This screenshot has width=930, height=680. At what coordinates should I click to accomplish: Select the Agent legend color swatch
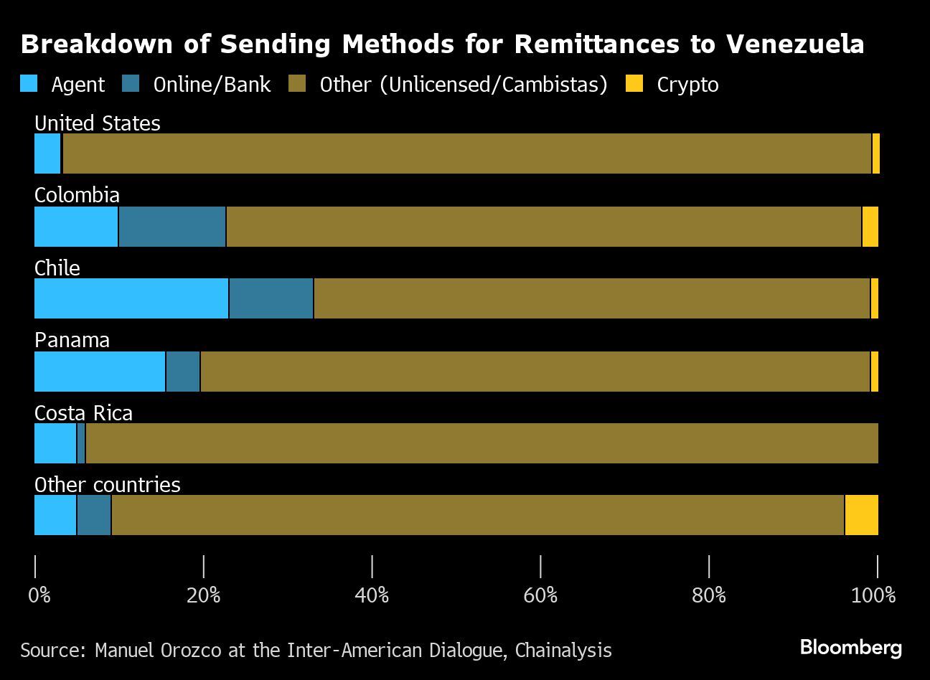pos(29,85)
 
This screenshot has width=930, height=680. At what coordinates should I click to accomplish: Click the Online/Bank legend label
pos(212,85)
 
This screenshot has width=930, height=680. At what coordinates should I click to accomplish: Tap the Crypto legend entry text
pos(687,85)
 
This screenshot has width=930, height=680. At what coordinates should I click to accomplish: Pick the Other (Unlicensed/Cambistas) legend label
pos(464,85)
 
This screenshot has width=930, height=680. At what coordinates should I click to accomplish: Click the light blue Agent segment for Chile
pos(131,298)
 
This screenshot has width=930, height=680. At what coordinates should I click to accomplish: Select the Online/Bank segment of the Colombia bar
pos(172,227)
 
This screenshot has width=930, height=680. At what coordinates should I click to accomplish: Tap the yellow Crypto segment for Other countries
pos(861,515)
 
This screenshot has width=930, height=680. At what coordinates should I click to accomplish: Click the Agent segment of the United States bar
pos(47,154)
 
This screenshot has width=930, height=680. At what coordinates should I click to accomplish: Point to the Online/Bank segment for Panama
pos(183,372)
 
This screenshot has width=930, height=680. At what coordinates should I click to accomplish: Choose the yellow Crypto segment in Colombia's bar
pos(870,227)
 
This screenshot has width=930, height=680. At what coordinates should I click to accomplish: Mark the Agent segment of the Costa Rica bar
pos(55,443)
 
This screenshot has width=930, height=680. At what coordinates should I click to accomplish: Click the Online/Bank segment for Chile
pos(271,298)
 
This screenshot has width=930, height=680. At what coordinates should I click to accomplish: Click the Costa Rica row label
pos(83,413)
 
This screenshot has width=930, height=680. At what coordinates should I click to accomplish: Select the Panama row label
pos(72,340)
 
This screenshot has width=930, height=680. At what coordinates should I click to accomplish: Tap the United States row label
pos(98,123)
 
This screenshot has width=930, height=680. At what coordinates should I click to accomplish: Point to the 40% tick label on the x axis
pos(372,595)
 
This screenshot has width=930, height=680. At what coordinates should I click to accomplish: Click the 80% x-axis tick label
pos(709,595)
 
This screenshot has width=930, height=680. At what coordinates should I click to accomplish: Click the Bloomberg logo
pos(850,648)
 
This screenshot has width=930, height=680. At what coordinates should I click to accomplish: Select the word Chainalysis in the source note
pos(563,651)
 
